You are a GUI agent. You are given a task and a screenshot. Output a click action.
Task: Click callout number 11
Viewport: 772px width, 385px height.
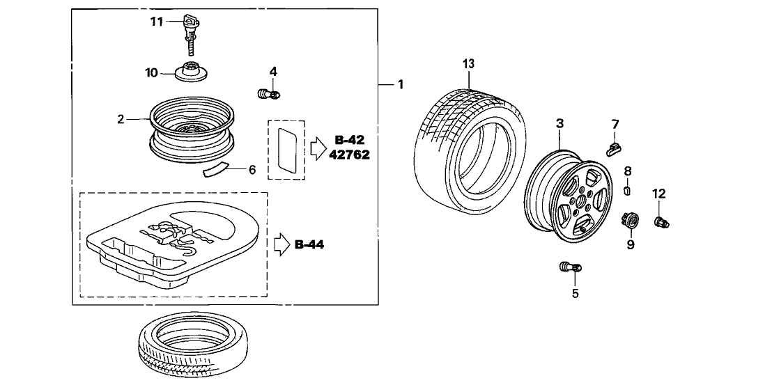pyautogui.click(x=156, y=22)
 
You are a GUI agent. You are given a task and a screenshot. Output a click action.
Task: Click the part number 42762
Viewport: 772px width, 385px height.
pyautogui.click(x=350, y=155)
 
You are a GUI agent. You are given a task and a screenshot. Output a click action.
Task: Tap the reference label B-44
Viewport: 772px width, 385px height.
pyautogui.click(x=309, y=244)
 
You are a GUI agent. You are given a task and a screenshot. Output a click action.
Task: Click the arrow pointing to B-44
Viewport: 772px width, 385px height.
pyautogui.click(x=280, y=244)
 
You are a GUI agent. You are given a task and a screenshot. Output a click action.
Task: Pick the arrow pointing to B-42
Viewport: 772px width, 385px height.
pyautogui.click(x=318, y=147)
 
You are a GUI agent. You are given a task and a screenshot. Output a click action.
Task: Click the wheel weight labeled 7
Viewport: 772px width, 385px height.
pyautogui.click(x=613, y=148)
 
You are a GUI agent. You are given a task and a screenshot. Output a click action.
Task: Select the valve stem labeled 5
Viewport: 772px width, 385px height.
pyautogui.click(x=570, y=267)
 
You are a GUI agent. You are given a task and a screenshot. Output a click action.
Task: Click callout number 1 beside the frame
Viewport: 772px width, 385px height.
pyautogui.click(x=400, y=84)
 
